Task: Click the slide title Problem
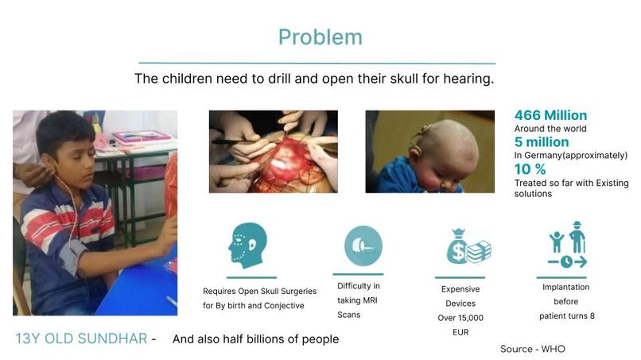[x=320, y=37]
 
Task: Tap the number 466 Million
[x=550, y=115]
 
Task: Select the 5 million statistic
[x=542, y=142]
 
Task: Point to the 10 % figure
[x=530, y=169]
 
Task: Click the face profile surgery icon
[x=247, y=246]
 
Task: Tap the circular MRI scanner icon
[x=363, y=246]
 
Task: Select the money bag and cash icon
[x=468, y=246]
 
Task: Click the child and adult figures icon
[x=566, y=246]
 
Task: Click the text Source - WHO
[x=532, y=349]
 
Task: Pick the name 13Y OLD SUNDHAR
[x=81, y=339]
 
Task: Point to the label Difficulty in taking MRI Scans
[x=359, y=300]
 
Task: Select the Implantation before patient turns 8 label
[x=565, y=300]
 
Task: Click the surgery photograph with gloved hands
[x=273, y=151]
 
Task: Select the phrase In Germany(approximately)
[x=570, y=155]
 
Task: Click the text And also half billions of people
[x=255, y=339]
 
